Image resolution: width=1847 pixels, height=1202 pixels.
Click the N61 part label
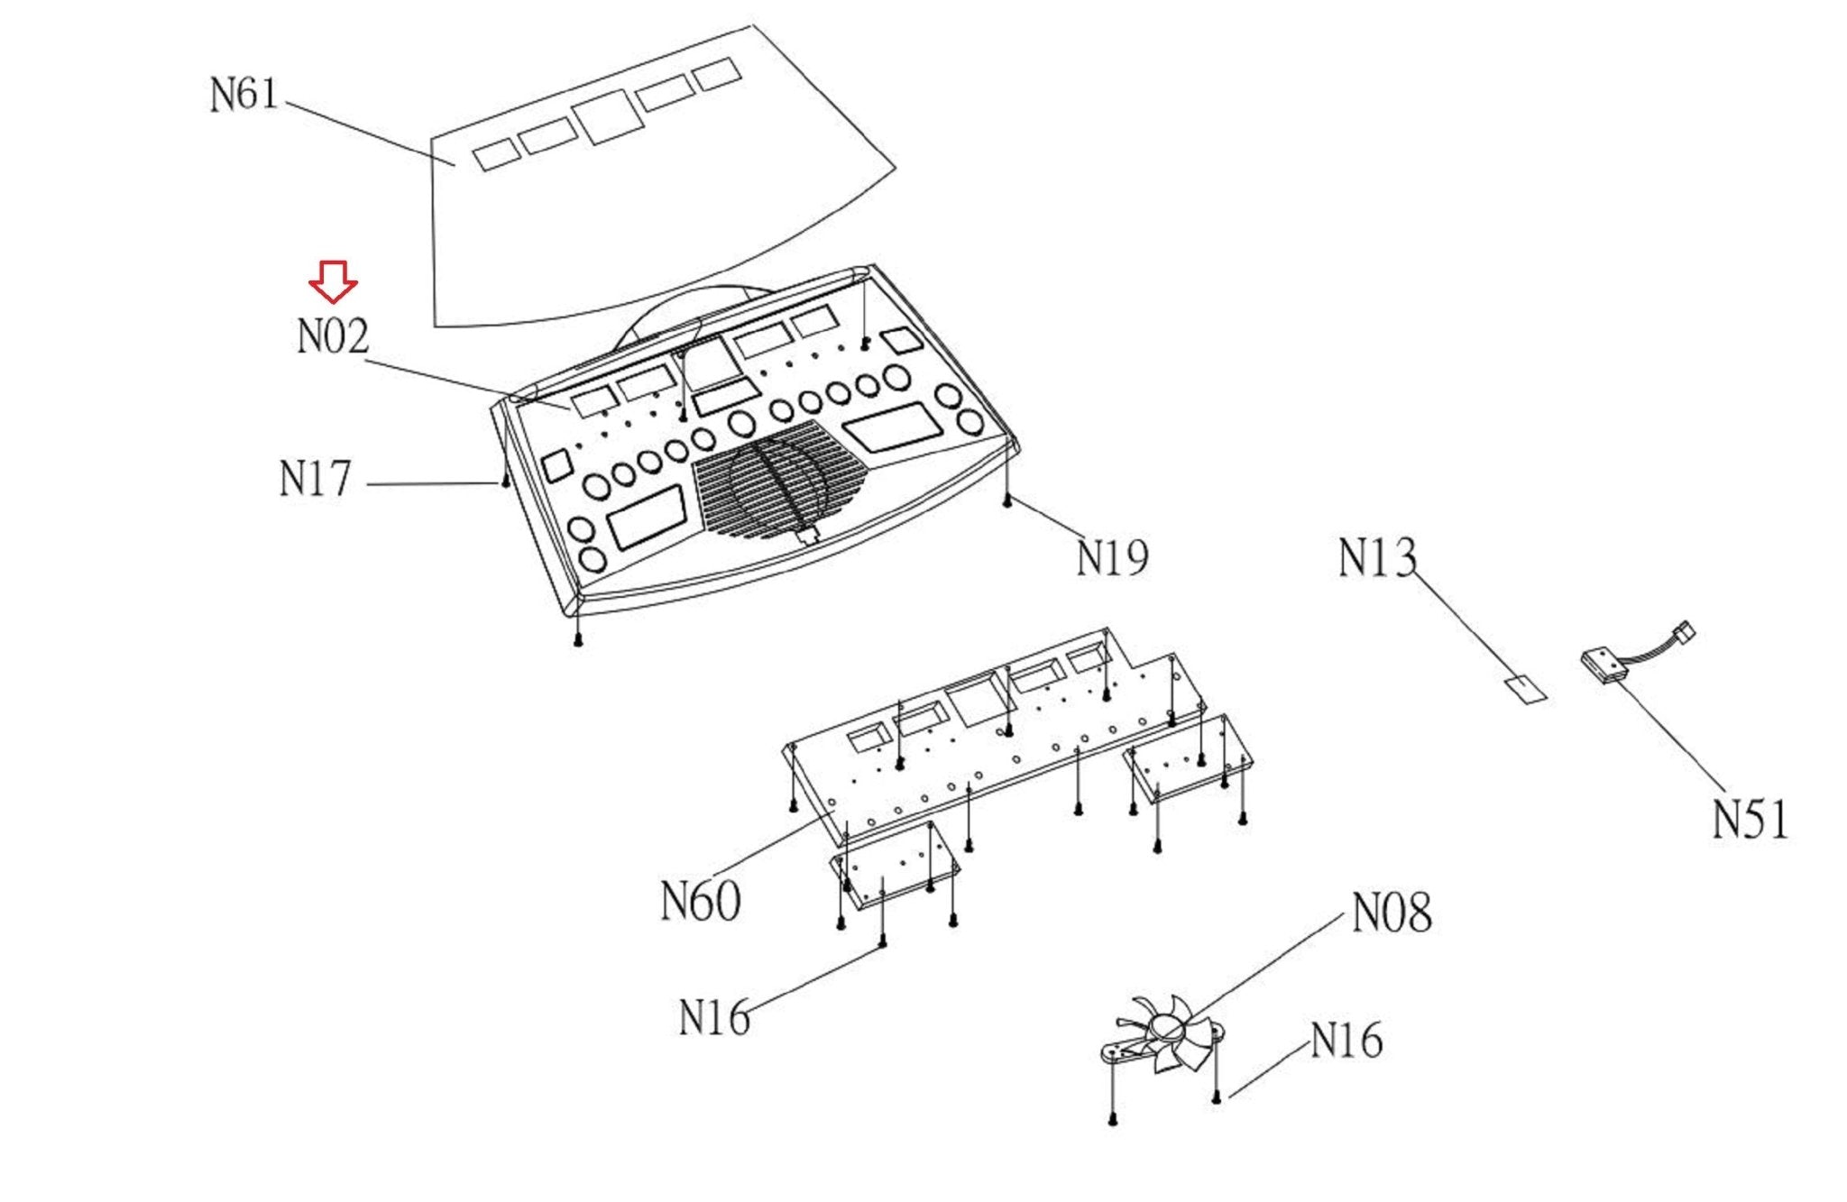244,94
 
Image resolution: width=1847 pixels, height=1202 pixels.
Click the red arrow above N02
333,281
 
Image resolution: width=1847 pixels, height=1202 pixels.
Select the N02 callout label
333,336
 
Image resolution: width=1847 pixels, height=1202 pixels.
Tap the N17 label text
315,478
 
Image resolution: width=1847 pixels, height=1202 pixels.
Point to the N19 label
1113,557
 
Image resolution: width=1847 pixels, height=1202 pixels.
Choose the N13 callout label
1377,557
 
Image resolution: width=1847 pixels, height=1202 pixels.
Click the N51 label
1751,820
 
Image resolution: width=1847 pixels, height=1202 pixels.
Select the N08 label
1392,913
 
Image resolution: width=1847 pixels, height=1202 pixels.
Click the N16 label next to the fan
1346,1041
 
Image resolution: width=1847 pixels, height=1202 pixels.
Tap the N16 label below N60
714,1017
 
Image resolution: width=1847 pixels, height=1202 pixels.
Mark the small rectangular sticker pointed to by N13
1525,690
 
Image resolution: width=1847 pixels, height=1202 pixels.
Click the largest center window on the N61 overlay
608,116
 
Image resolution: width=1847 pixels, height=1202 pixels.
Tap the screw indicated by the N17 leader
506,482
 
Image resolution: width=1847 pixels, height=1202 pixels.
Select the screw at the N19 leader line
1007,500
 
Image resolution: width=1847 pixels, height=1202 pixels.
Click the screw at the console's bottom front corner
578,640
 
